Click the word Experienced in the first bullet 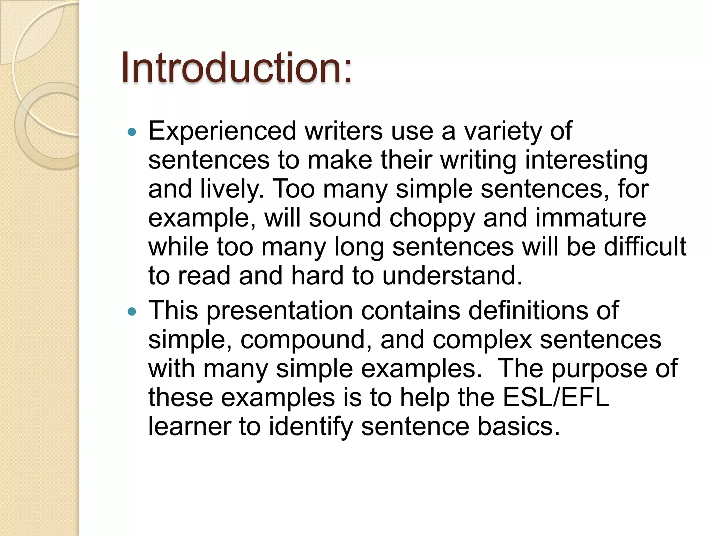point(222,131)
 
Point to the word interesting point(587,161)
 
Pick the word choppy point(432,218)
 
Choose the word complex point(482,340)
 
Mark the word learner point(189,426)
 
